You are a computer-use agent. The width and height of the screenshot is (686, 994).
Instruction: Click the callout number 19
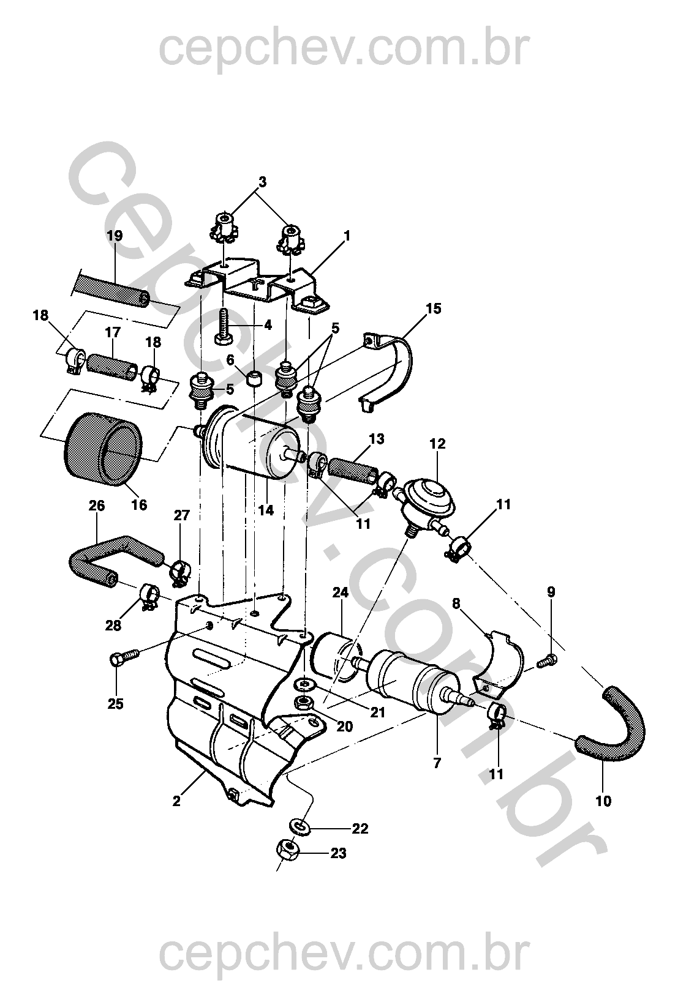115,235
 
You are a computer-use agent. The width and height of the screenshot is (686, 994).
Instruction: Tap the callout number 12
437,444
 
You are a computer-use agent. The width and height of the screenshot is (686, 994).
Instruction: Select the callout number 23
338,853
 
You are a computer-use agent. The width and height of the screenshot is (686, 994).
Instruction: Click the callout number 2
177,801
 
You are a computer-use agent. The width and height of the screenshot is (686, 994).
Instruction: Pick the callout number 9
551,591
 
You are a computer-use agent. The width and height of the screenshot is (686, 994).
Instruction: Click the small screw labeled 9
546,663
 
